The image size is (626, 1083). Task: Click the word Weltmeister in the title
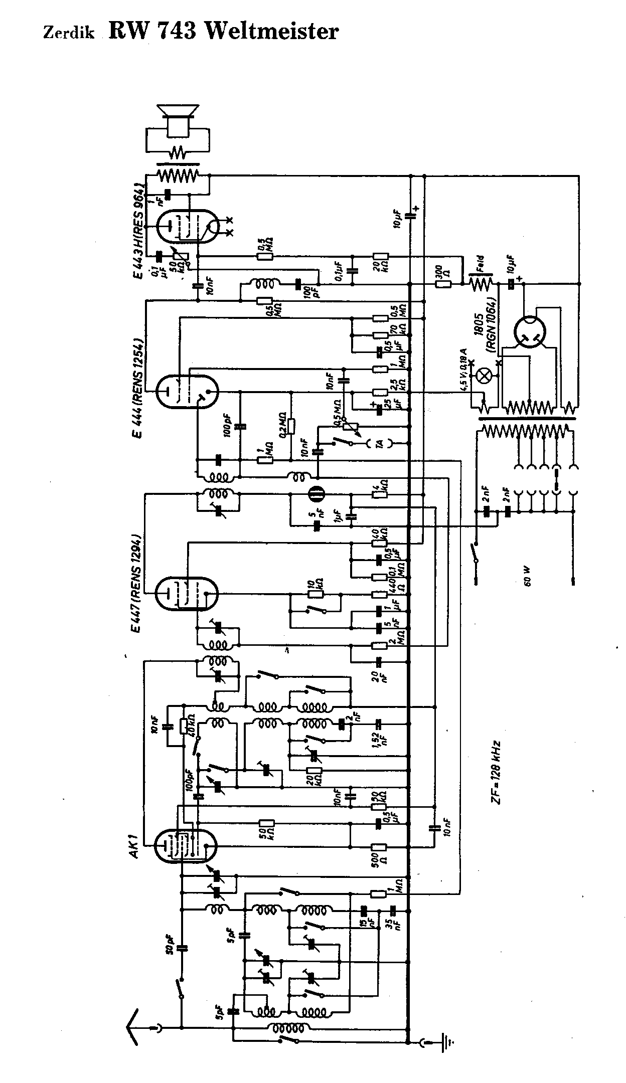[272, 32]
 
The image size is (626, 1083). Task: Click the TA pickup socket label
[380, 443]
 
